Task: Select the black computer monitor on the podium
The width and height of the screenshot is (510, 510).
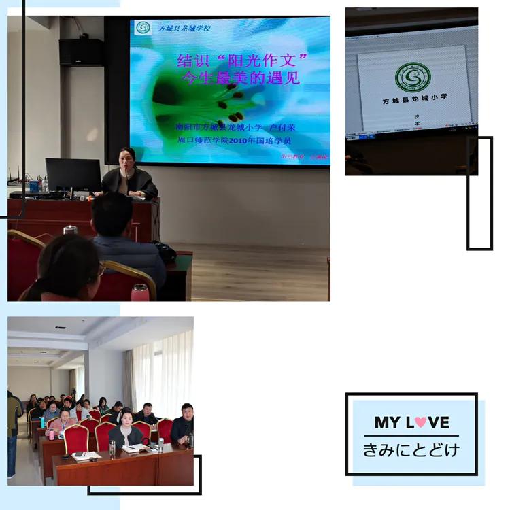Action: [73, 175]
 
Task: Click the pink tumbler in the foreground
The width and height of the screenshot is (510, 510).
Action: [139, 292]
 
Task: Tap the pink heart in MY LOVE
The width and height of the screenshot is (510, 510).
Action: [421, 422]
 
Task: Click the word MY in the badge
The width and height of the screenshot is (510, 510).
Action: [387, 422]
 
